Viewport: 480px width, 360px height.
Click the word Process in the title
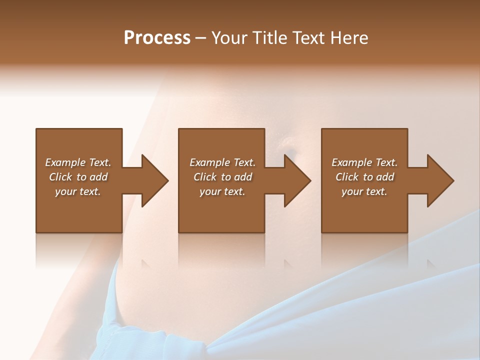click(x=157, y=38)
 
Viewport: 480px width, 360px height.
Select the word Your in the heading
click(x=229, y=38)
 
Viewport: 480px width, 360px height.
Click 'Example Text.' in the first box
click(x=78, y=162)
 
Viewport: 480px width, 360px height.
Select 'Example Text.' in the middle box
click(x=222, y=162)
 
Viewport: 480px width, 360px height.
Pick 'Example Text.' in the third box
click(x=364, y=162)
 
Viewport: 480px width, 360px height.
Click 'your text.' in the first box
click(x=78, y=191)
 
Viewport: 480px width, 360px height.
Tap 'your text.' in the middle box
click(x=222, y=191)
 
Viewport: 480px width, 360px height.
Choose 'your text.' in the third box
click(x=364, y=191)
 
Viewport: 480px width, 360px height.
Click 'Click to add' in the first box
click(x=78, y=177)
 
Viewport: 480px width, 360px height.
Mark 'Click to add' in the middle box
click(x=222, y=177)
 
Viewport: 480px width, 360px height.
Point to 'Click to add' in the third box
click(x=364, y=177)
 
